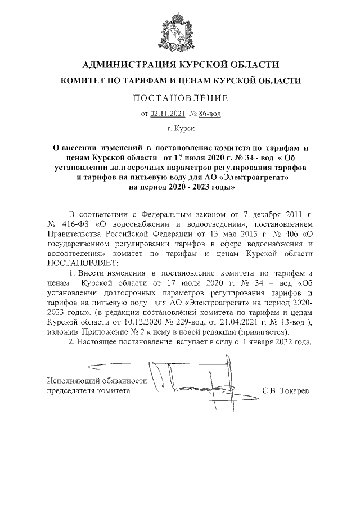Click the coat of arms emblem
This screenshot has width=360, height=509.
click(x=180, y=29)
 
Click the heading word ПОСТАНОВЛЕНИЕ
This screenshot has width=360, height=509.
click(x=180, y=98)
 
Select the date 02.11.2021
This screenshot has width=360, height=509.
click(x=167, y=114)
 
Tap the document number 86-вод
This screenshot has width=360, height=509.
click(x=210, y=114)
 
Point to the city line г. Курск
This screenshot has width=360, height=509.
click(x=180, y=130)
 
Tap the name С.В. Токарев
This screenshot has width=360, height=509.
click(x=286, y=390)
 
